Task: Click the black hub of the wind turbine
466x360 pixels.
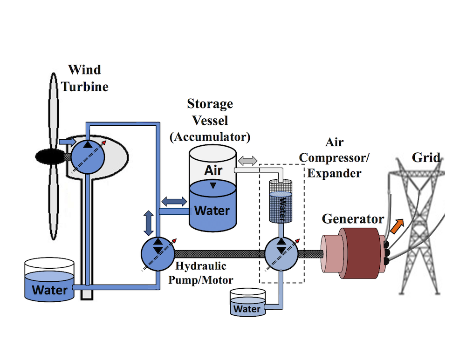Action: (x=50, y=156)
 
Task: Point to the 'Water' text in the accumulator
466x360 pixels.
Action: (x=212, y=210)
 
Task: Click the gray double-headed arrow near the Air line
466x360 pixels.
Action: (x=248, y=160)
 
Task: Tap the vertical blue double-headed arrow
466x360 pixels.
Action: (x=148, y=223)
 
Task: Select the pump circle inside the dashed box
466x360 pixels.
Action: (x=281, y=254)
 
